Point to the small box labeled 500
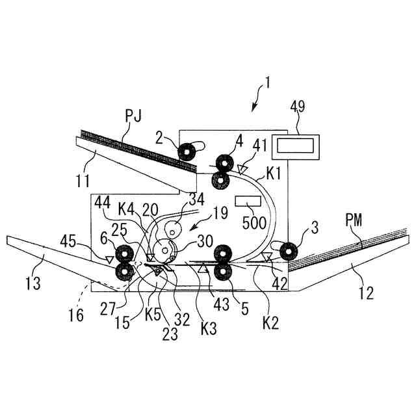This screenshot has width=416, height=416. pyautogui.click(x=247, y=201)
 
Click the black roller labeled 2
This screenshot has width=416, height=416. pyautogui.click(x=188, y=152)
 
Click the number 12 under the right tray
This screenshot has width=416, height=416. pyautogui.click(x=366, y=293)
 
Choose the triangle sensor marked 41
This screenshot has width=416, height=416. pyautogui.click(x=242, y=170)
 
